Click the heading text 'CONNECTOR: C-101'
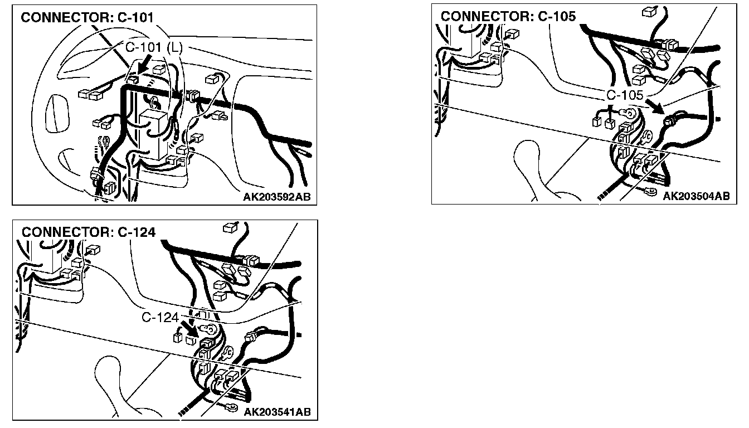(x=87, y=17)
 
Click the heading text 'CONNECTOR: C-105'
(x=508, y=16)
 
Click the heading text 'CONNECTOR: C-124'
(x=89, y=232)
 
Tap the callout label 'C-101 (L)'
(x=154, y=48)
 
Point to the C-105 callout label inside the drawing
(x=625, y=95)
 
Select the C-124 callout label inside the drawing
(x=160, y=317)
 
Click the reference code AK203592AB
(x=277, y=197)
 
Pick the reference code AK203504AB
(x=697, y=196)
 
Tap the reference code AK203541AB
(x=277, y=412)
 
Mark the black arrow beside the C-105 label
(x=655, y=107)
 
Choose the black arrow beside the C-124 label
(x=189, y=329)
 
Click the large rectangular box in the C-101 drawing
(x=153, y=134)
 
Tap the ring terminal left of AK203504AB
(x=650, y=192)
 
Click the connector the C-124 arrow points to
(x=207, y=343)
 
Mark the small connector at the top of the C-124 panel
(x=230, y=227)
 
